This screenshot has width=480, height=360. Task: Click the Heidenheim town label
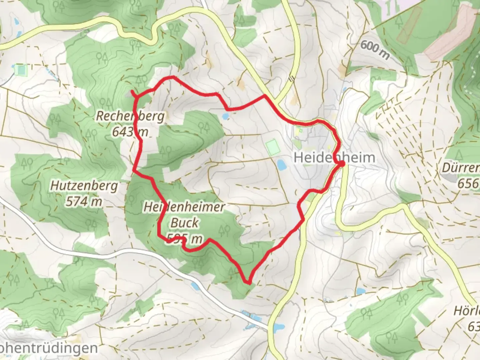334,157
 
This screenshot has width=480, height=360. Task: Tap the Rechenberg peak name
130,116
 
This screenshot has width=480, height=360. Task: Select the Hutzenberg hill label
84,186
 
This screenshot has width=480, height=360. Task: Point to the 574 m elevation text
84,201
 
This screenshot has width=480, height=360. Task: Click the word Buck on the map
184,222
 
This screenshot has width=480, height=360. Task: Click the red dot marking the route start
342,163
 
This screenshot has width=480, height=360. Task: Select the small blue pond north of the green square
225,116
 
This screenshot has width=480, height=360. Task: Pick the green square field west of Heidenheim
272,147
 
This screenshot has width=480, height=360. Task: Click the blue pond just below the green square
281,164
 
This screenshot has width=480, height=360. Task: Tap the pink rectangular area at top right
450,32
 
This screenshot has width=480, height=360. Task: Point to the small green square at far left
20,70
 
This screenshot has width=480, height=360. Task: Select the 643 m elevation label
130,132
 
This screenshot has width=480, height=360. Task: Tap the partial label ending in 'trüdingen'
49,349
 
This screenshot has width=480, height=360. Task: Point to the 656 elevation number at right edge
468,183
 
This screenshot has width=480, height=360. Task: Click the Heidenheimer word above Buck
184,207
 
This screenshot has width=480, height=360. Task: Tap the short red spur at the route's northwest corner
133,93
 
